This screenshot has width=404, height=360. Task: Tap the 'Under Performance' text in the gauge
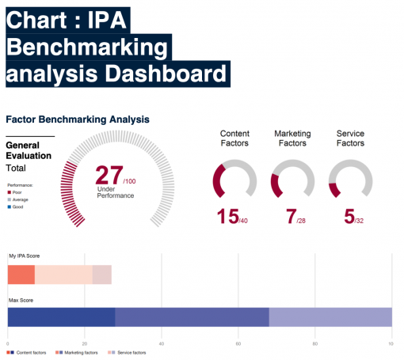click(x=116, y=192)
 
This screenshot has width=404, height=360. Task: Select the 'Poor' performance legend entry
click(x=17, y=192)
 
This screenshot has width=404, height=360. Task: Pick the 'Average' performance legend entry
click(x=20, y=199)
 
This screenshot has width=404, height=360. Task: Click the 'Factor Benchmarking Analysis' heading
click(x=77, y=119)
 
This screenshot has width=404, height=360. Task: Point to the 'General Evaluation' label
click(x=29, y=150)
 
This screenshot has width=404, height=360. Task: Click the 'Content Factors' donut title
click(x=234, y=138)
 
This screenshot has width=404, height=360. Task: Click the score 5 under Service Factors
click(x=349, y=216)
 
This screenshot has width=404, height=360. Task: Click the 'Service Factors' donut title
click(x=350, y=138)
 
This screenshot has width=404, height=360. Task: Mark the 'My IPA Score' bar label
click(x=24, y=256)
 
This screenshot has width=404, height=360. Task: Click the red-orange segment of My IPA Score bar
click(x=21, y=275)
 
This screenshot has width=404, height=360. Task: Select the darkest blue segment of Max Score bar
click(x=61, y=316)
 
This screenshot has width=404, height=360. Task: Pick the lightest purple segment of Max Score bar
click(x=330, y=316)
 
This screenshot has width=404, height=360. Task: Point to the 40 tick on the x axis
click(x=162, y=343)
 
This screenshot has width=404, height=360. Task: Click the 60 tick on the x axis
click(x=238, y=343)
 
